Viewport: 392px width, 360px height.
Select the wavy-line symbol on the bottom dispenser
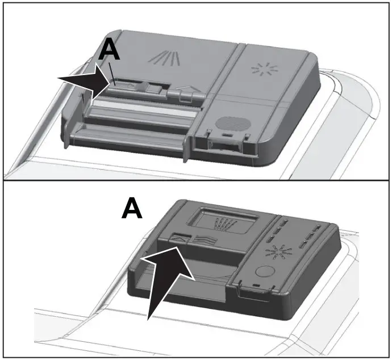coord(202,239)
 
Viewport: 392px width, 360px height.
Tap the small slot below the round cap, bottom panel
coord(257,287)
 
